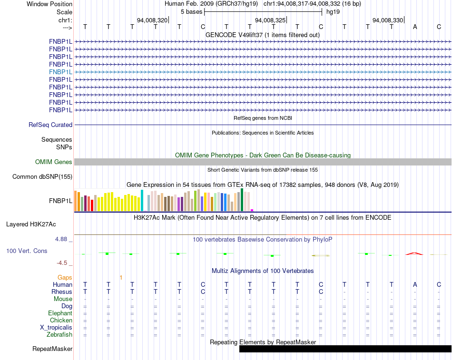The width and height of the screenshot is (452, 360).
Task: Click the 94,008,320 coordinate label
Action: coord(152,20)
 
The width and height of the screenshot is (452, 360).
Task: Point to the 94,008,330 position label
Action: coord(388,20)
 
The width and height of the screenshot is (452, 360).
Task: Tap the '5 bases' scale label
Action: coord(191,12)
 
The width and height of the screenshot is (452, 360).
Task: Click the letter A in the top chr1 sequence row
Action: coord(415,27)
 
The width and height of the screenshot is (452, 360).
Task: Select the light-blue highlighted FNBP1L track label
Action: coord(60,72)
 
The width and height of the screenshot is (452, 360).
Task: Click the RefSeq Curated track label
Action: coord(50,125)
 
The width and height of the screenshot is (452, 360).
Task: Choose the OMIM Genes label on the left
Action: coord(54,162)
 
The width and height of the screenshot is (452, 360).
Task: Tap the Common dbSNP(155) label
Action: coord(42,177)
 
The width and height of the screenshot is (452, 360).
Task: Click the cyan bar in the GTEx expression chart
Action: coord(142,200)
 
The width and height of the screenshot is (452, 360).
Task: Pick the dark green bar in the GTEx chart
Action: coord(242,200)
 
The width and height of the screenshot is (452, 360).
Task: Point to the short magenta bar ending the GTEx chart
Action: coord(252,210)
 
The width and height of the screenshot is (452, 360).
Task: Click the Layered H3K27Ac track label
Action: coord(31,224)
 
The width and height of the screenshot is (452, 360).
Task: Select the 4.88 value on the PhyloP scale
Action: coord(61,239)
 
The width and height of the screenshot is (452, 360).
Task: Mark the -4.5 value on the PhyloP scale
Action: coord(62,263)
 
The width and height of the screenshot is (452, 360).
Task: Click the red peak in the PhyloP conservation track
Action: coord(414,253)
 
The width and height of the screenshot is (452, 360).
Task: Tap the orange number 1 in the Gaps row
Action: coord(121,278)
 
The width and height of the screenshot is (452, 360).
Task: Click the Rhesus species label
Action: coord(62,292)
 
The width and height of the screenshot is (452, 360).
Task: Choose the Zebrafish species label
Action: coord(59,335)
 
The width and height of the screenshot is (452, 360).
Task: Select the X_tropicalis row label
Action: coord(56,328)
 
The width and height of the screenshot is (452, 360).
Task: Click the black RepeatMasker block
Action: coord(345,349)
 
